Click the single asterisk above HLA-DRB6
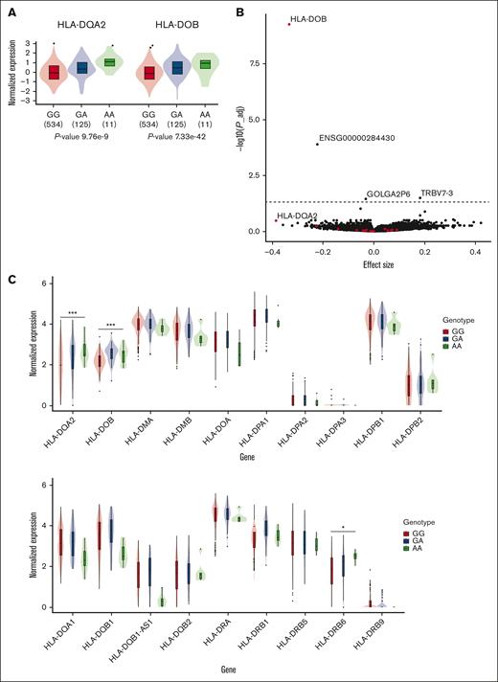pos(344,527)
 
